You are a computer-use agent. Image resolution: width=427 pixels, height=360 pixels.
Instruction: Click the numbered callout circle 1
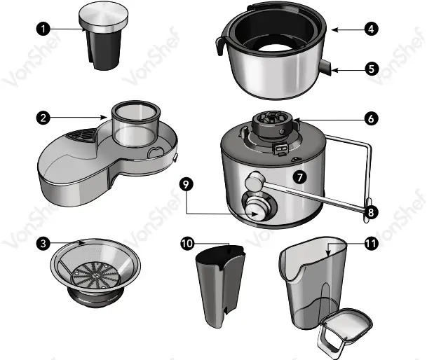tap(44, 29)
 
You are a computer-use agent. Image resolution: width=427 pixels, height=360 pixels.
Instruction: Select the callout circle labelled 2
tap(44, 118)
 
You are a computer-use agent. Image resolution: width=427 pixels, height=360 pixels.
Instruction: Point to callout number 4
tap(371, 29)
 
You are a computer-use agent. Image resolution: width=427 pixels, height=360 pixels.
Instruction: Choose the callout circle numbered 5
tap(371, 69)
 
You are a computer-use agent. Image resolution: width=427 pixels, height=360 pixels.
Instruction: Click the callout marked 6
tap(371, 118)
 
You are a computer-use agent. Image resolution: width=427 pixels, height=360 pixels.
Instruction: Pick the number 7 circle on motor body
tap(300, 177)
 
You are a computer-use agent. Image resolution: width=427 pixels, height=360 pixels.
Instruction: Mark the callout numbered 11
tap(371, 244)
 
